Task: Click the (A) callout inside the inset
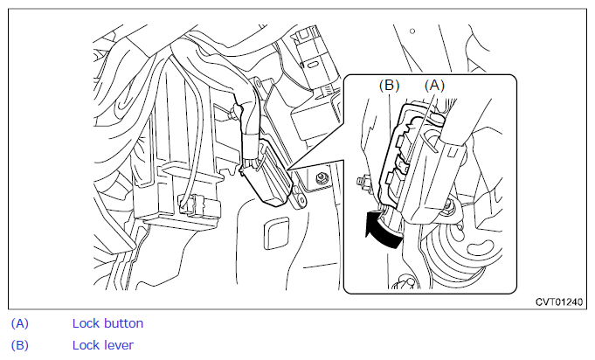point(434,86)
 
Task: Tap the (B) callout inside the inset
point(390,86)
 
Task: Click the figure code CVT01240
point(559,302)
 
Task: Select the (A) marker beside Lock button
point(20,323)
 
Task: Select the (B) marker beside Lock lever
point(20,346)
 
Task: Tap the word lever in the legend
point(118,346)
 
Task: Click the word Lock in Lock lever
point(86,346)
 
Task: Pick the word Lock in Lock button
point(86,323)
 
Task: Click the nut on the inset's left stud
point(363,181)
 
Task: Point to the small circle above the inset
point(412,31)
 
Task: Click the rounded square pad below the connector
point(276,233)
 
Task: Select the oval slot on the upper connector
point(314,65)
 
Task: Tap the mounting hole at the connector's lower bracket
point(300,198)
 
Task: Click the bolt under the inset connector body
point(450,205)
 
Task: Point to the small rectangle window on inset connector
point(452,153)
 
